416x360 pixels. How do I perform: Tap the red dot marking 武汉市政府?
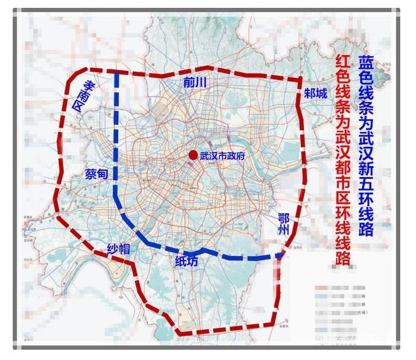[x=193, y=156]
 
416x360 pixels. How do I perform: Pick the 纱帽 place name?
[x=119, y=250]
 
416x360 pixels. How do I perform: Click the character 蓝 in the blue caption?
[x=366, y=63]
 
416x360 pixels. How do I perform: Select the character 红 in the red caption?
[x=343, y=63]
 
